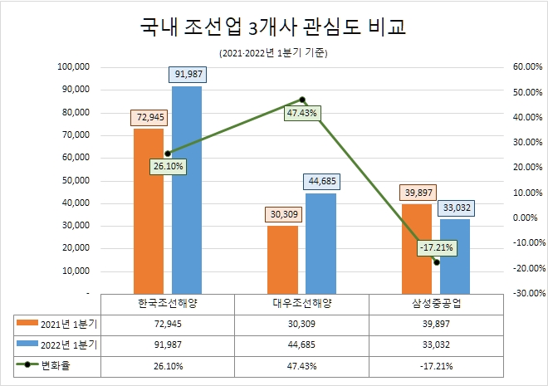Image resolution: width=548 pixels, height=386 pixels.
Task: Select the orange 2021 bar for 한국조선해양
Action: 149,211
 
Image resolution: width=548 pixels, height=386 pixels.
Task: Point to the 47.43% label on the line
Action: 301,113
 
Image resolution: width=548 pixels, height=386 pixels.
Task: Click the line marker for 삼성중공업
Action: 436,262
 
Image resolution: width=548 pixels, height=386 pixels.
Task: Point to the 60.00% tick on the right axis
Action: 527,66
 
